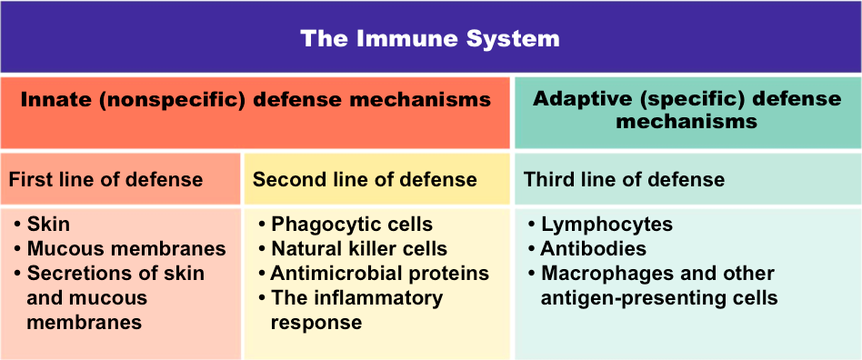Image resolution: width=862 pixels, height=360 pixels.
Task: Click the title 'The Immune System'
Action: coord(430,39)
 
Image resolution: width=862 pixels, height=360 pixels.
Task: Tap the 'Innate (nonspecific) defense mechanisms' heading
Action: coord(256,100)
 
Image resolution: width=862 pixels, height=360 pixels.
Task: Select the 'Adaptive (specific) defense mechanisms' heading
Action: coord(687,110)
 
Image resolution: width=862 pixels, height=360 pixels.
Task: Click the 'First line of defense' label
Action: coord(105,179)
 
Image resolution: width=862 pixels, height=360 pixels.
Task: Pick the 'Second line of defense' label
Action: coord(365,179)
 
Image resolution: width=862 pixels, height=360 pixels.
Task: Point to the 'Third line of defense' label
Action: coord(624,179)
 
